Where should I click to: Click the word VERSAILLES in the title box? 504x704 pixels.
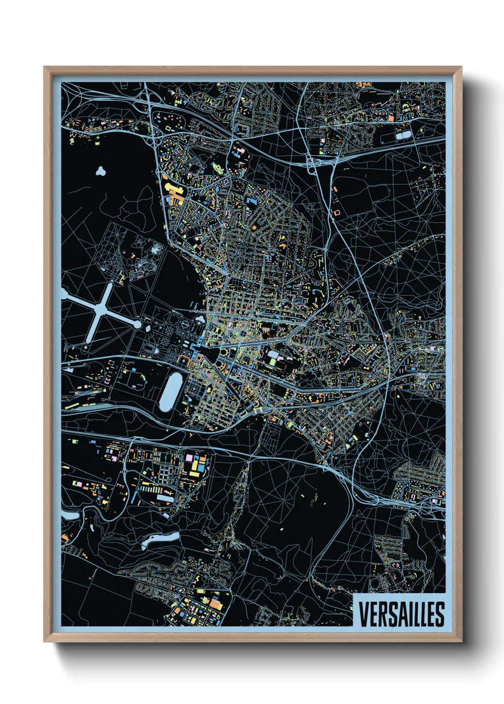click(x=401, y=614)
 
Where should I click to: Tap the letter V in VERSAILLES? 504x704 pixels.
click(x=363, y=614)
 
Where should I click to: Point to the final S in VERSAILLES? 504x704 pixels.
click(x=439, y=614)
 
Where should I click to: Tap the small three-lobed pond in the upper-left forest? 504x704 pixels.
click(x=101, y=171)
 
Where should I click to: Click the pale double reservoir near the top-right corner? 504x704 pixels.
click(x=403, y=136)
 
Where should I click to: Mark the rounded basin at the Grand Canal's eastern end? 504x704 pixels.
click(x=138, y=324)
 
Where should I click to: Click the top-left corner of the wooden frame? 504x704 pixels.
click(x=45, y=68)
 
